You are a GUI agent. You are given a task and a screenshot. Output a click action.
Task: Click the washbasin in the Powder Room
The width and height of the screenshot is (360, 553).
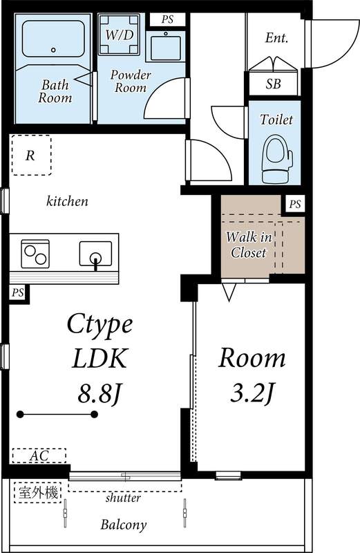[x=165, y=47]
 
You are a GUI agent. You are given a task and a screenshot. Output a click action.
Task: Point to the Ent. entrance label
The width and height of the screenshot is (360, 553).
[x=277, y=38]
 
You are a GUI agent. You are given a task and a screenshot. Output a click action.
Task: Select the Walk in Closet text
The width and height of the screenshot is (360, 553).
[x=248, y=245]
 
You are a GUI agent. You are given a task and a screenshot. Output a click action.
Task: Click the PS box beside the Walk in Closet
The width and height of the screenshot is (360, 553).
[x=295, y=204]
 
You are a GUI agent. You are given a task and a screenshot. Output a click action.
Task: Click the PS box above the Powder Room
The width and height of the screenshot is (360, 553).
[x=167, y=19]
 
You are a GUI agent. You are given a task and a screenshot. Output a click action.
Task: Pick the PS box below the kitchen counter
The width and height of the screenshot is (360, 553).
[x=17, y=293]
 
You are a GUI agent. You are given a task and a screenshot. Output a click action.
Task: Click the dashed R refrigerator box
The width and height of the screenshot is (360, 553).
[x=30, y=156]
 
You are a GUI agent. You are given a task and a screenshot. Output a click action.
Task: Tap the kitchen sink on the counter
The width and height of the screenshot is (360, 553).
[x=96, y=254]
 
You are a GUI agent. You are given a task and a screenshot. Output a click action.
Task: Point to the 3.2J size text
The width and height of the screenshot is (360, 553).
[x=252, y=395]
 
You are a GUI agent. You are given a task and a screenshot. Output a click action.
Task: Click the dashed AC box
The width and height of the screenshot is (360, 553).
[x=39, y=456]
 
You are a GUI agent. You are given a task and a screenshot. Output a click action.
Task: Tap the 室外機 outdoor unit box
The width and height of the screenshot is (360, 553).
[x=39, y=493]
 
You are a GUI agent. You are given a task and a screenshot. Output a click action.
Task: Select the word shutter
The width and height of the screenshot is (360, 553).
[x=123, y=498]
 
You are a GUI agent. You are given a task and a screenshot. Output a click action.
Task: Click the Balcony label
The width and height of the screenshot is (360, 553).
[x=124, y=525]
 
